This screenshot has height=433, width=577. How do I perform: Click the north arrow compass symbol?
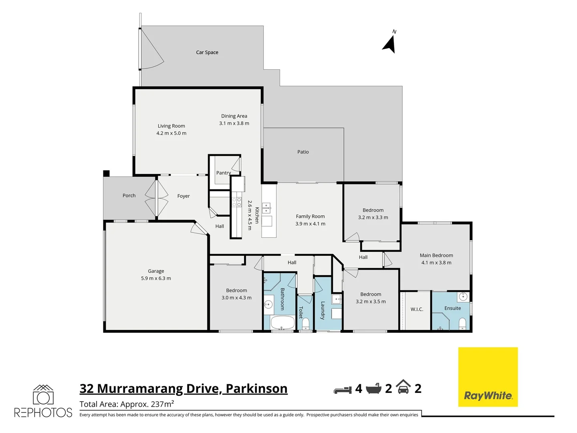pos(390,43)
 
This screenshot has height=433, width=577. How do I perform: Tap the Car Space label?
pos(207,53)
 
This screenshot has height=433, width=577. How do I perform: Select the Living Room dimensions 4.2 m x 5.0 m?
pos(171,133)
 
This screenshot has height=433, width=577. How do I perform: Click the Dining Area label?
pos(234,116)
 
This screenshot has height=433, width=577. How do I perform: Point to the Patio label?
pos(303,152)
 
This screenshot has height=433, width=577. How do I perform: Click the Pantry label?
pos(223,173)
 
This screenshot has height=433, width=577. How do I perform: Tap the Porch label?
pos(129,196)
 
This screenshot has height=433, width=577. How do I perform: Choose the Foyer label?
pos(184,196)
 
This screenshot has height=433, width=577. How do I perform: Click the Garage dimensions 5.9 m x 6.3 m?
pos(156,278)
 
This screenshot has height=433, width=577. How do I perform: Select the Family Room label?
pos(310,216)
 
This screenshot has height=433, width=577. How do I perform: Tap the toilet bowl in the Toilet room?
pos(306,323)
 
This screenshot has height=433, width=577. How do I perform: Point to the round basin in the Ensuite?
pos(463,297)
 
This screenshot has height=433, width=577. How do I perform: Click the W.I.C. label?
pos(417,310)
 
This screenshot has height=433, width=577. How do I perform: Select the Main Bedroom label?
pos(436,255)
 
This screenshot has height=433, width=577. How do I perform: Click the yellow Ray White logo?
pos(488,377)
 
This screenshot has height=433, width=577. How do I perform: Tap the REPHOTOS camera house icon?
pos(43,395)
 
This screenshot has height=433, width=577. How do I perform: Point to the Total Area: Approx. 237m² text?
pos(127,404)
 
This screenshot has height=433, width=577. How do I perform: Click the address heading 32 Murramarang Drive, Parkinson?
pos(184,388)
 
